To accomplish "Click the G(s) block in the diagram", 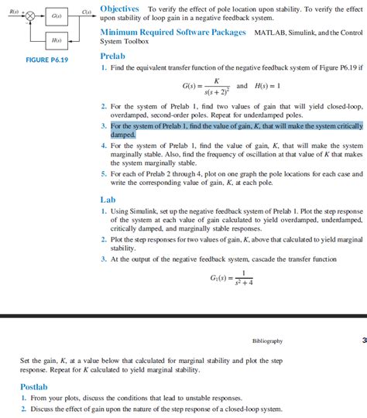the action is [x=57, y=15].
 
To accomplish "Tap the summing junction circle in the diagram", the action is [x=30, y=15].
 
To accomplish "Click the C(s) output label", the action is [x=87, y=11].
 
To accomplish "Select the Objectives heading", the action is [x=121, y=7].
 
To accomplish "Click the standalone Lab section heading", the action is [x=108, y=199].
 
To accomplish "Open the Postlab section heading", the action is [x=34, y=385].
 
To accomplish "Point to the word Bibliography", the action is [x=267, y=341].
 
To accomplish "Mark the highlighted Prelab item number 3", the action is [x=104, y=125].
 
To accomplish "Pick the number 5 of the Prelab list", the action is [x=104, y=175].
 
